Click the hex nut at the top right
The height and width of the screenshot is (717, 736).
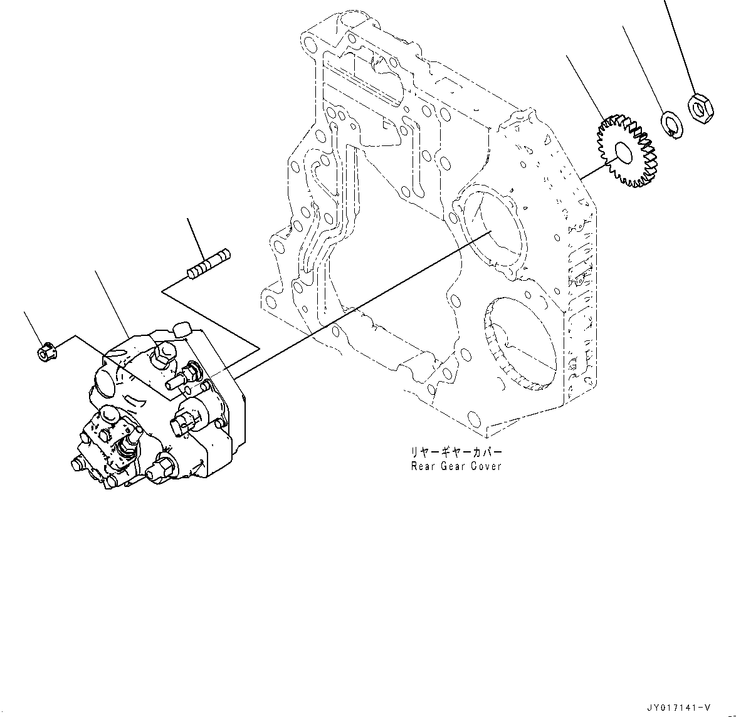(700, 107)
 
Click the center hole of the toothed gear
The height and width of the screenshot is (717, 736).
(624, 152)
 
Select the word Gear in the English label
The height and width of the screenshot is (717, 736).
(455, 466)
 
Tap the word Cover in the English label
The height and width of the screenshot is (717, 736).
(488, 466)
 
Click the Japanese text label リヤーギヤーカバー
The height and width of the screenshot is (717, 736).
(456, 452)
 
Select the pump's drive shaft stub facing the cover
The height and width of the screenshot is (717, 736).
(179, 379)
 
